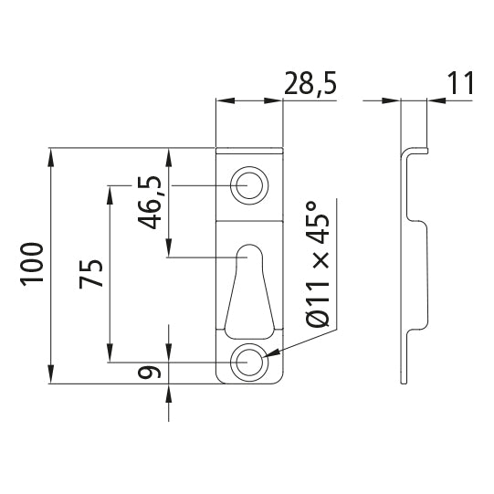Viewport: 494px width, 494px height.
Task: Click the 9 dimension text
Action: [x=152, y=372]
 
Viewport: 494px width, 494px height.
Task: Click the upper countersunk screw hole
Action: [x=248, y=185]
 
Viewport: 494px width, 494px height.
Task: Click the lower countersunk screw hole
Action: [x=248, y=363]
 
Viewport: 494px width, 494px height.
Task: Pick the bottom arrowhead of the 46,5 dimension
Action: [x=169, y=247]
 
